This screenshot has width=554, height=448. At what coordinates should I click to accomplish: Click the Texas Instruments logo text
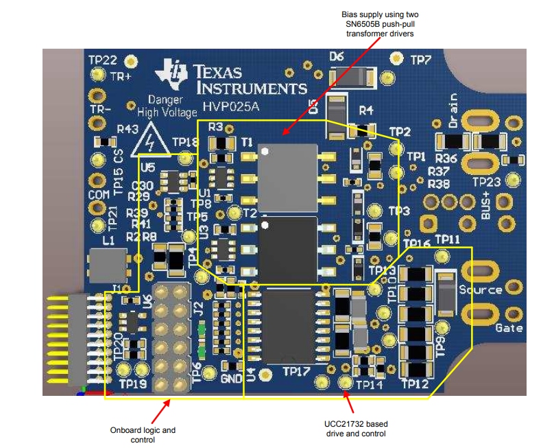pyautogui.click(x=250, y=80)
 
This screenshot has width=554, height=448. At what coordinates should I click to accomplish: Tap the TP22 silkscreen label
pyautogui.click(x=102, y=60)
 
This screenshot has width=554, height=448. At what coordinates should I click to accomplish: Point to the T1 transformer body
pyautogui.click(x=287, y=177)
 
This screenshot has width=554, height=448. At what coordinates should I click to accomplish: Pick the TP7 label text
pyautogui.click(x=420, y=60)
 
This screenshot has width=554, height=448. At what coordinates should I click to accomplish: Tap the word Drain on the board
pyautogui.click(x=453, y=111)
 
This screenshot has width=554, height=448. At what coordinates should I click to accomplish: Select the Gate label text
pyautogui.click(x=509, y=328)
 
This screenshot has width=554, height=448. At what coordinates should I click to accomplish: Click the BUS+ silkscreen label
pyautogui.click(x=486, y=205)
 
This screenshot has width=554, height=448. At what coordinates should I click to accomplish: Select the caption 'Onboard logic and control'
pyautogui.click(x=143, y=435)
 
